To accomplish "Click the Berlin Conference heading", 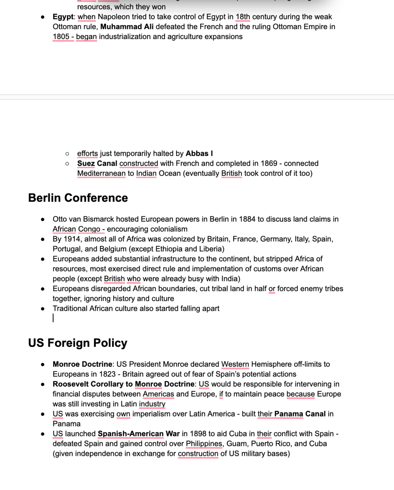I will [78, 198].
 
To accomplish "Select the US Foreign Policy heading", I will [77, 343].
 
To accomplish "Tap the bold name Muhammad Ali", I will [127, 27].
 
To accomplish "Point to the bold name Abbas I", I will [199, 154].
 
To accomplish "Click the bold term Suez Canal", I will [97, 163].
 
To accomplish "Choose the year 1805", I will [61, 37].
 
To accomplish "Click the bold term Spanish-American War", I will [139, 434].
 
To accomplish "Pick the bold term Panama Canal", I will [300, 414].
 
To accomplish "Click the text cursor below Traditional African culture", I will [53, 318].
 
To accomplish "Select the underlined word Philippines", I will [204, 444].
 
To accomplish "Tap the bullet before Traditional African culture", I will [43, 309].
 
